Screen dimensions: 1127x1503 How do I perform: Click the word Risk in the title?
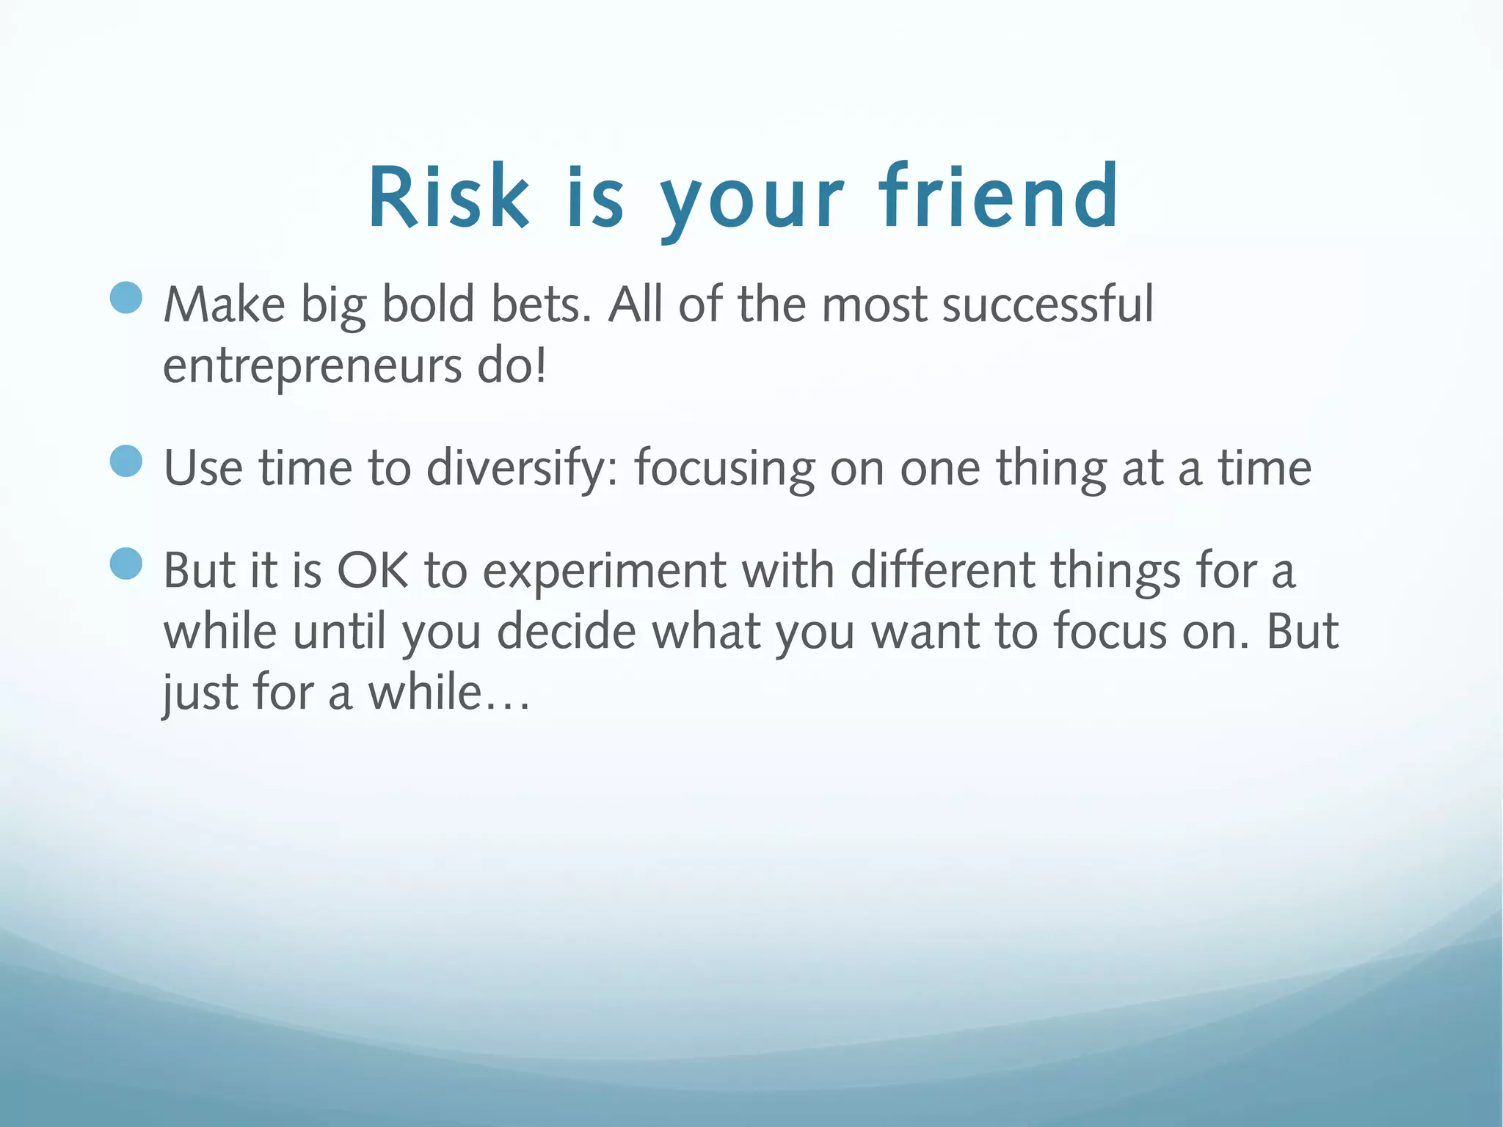(x=448, y=197)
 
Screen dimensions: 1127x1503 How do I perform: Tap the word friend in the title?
(x=999, y=197)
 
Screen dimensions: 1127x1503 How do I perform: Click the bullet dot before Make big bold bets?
(x=126, y=298)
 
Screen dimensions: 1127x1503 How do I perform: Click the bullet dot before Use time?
(x=126, y=461)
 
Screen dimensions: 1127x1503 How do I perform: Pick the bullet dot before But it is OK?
(x=126, y=563)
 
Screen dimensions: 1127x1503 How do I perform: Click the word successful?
(x=1047, y=304)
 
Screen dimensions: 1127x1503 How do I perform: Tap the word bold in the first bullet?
(x=429, y=304)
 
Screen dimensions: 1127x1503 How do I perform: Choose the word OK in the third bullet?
(x=373, y=571)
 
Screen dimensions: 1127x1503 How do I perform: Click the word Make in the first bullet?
(x=224, y=304)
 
